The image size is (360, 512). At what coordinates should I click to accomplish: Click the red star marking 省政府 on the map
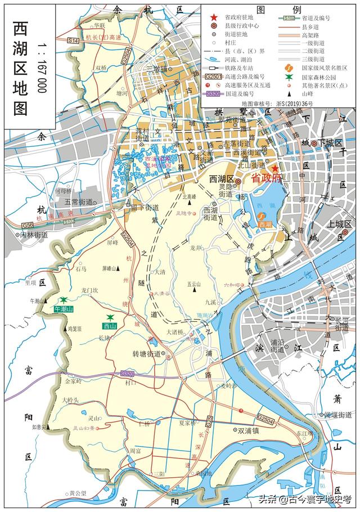click(x=274, y=168)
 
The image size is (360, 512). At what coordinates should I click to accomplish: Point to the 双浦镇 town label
click(x=248, y=430)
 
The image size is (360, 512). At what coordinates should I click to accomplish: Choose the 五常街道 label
click(x=78, y=201)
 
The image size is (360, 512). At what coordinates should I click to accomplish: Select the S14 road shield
click(x=74, y=39)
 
